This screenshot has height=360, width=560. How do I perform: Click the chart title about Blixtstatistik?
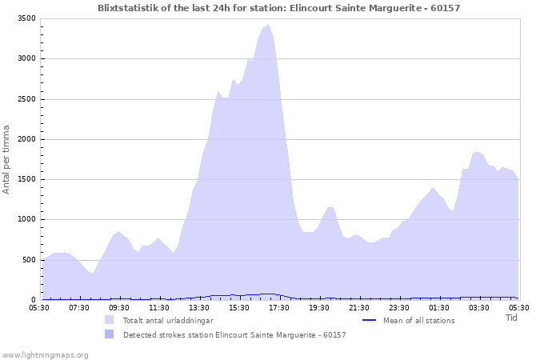(279, 8)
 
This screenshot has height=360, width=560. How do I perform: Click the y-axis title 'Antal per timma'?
(6, 159)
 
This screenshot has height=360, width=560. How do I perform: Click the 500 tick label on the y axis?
(29, 260)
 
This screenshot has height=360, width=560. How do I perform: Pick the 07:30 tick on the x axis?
(79, 307)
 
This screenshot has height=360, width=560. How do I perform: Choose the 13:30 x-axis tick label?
(199, 307)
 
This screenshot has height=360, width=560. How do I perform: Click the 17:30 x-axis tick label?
(279, 307)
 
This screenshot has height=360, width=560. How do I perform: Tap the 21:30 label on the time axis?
(359, 307)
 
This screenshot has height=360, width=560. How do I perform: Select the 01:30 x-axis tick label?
(439, 307)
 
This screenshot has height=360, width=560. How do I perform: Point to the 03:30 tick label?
(479, 307)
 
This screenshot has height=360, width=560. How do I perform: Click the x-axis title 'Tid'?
(511, 318)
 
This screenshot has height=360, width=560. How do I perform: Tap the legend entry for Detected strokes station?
(234, 335)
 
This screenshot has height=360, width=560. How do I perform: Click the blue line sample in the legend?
(370, 321)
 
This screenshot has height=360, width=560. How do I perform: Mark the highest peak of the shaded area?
(268, 25)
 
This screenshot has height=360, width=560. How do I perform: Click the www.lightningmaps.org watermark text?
(45, 354)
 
